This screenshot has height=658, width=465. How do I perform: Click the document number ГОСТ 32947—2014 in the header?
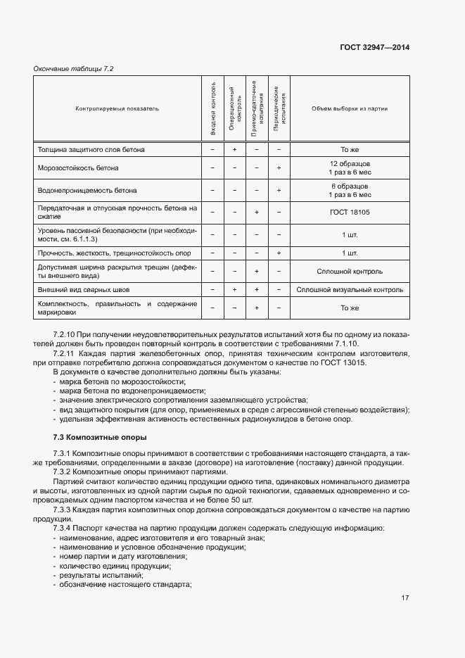coord(376,48)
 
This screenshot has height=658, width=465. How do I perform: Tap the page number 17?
coord(405,598)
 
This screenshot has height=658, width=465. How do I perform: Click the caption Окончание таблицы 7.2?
coord(74,68)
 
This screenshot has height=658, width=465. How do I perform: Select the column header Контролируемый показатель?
coord(117,109)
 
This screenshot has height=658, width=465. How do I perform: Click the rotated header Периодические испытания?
coord(280,109)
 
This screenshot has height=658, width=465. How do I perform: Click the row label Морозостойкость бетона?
coord(78,168)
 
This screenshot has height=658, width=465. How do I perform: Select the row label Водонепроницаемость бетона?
coord(87,190)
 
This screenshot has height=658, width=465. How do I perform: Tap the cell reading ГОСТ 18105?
coord(350,212)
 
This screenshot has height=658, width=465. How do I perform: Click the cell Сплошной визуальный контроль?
coord(350,289)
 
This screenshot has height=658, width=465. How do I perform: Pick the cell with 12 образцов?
coord(350,164)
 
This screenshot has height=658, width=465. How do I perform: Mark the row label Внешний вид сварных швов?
coord(84,289)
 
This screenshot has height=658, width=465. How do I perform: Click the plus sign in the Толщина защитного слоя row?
coord(234,150)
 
